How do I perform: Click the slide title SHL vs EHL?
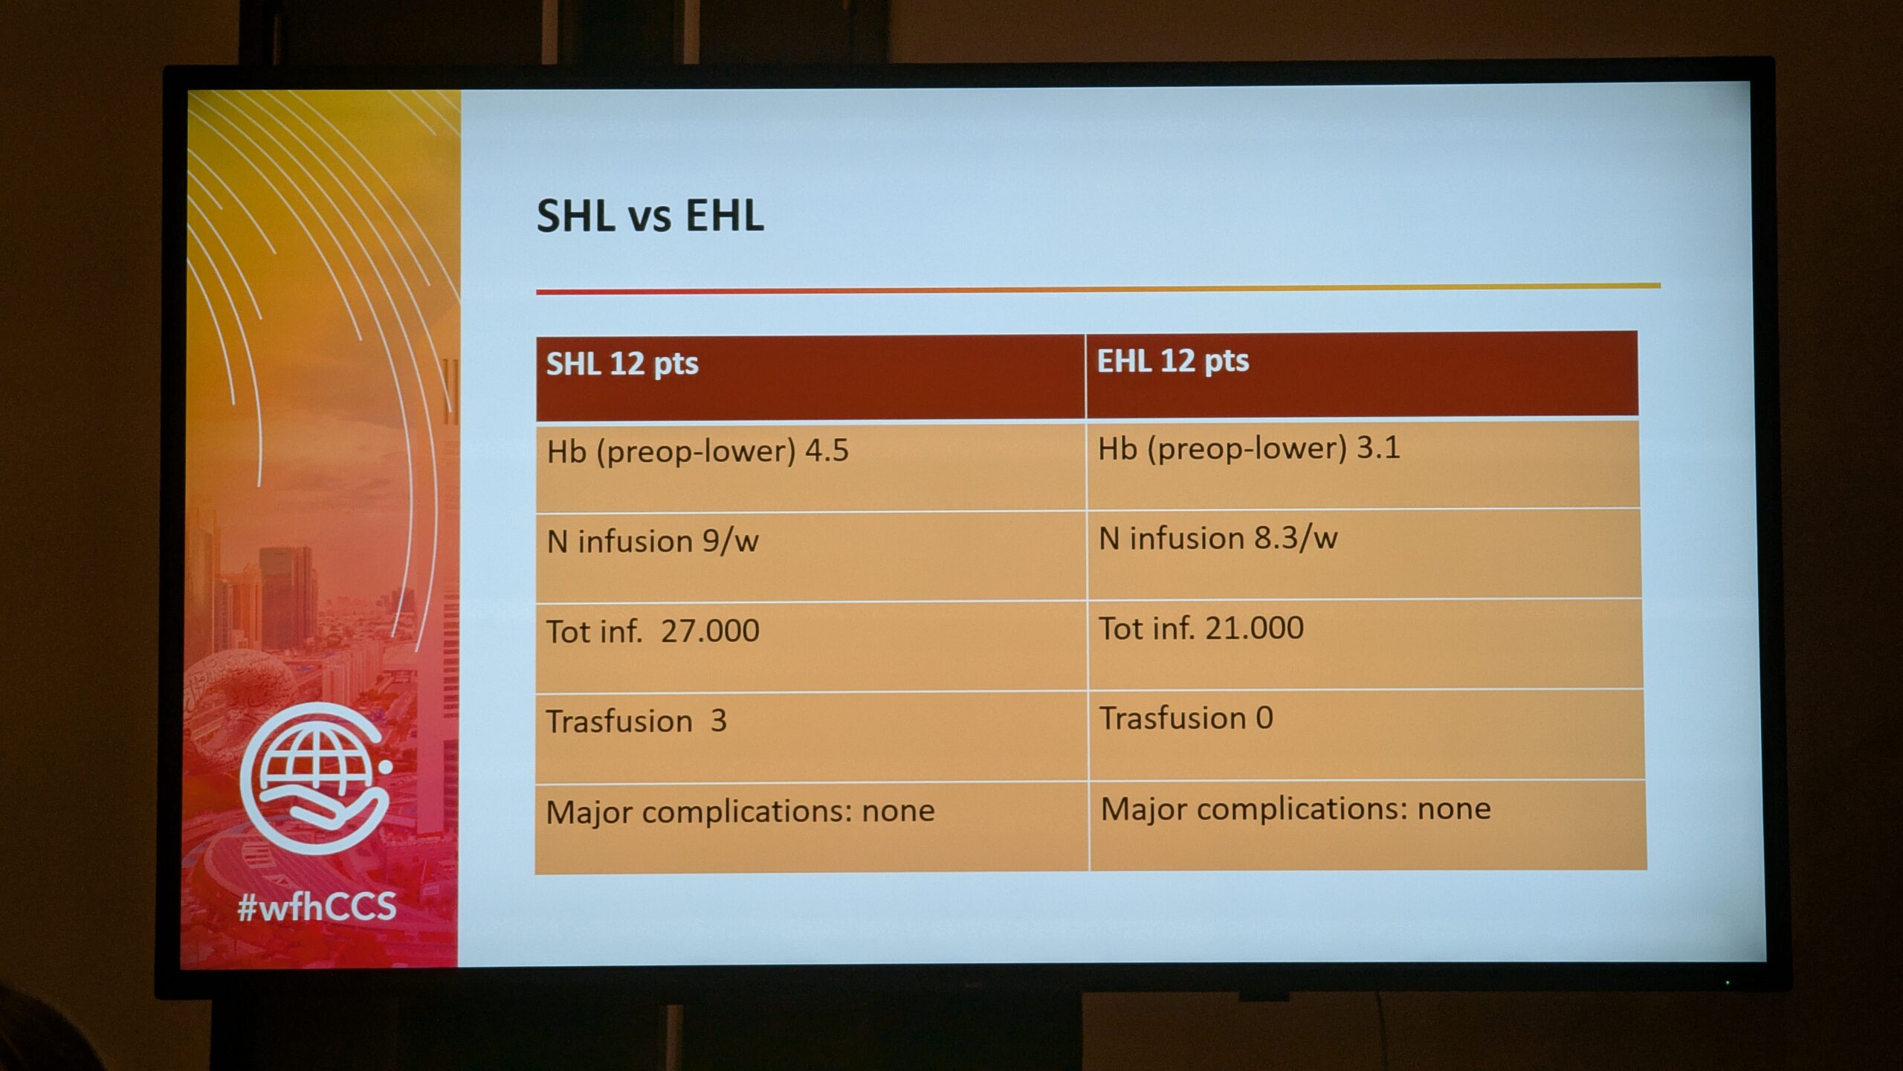(650, 216)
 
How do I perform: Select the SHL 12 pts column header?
(622, 364)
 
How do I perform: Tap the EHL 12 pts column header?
(1173, 361)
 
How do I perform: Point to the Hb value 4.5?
(827, 451)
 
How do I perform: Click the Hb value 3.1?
(1378, 448)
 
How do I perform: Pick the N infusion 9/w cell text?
(653, 541)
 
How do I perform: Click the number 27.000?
(710, 631)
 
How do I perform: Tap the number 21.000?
(1254, 628)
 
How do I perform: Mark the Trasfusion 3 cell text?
(636, 721)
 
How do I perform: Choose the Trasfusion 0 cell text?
(1186, 718)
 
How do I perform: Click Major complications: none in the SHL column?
(740, 811)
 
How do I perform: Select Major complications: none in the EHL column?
(1296, 809)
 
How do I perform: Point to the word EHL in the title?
(724, 216)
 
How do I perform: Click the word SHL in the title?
(576, 216)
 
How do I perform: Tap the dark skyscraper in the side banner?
(287, 595)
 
